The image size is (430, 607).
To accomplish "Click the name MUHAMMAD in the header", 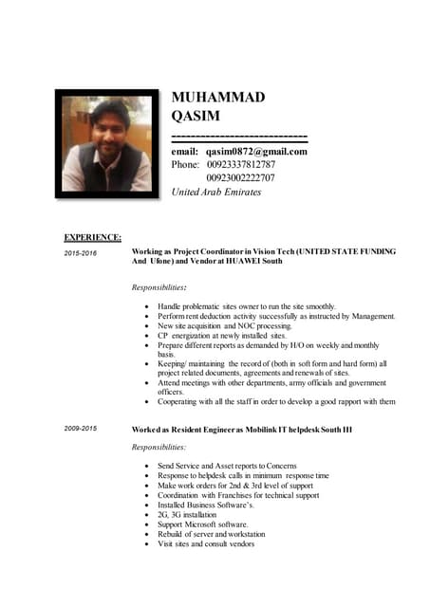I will [217, 98].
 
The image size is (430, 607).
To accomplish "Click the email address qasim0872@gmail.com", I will [256, 152].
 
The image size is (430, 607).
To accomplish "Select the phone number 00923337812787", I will [241, 165].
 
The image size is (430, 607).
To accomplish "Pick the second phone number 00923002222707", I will [241, 178].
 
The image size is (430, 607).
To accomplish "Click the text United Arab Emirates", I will [215, 192].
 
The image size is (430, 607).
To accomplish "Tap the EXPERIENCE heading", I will [92, 237].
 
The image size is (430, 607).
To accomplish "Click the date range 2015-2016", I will [81, 254].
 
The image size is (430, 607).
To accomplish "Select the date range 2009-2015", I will [81, 430].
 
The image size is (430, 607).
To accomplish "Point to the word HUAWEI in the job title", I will [241, 260].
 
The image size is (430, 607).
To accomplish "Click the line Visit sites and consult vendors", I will [206, 543].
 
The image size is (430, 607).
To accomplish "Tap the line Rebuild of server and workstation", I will [213, 534].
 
